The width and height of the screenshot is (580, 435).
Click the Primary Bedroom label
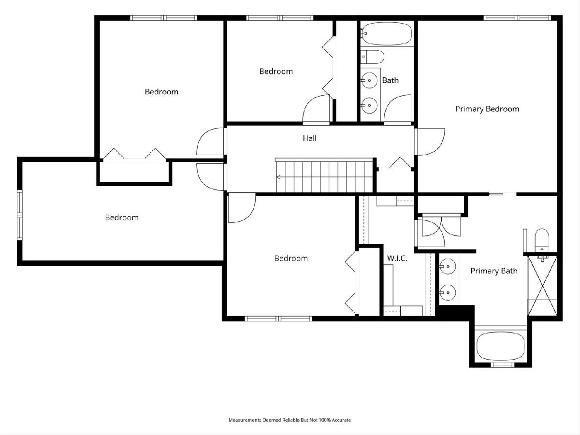[x=487, y=109]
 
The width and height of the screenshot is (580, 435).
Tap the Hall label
[x=309, y=138]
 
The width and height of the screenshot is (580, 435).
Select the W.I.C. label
[x=397, y=258]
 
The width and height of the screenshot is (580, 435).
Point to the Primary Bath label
[x=494, y=271]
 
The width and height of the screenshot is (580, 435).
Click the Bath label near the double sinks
[x=390, y=80]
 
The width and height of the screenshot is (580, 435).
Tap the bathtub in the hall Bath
[x=386, y=33]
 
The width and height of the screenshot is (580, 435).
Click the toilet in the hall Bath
[x=372, y=57]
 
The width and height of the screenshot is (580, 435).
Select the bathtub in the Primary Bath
[x=501, y=346]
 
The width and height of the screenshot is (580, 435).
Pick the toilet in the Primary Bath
[x=542, y=240]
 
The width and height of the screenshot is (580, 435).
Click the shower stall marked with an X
[x=542, y=286]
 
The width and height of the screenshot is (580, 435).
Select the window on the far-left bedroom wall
[x=19, y=215]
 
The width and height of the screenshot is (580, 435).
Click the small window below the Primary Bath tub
[x=501, y=365]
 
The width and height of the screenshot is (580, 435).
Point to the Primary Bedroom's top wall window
[x=517, y=18]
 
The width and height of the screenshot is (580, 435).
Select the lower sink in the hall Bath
[x=369, y=105]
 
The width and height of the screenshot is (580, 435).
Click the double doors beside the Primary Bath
[x=441, y=227]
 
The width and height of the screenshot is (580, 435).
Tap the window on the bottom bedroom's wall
[x=278, y=319]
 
